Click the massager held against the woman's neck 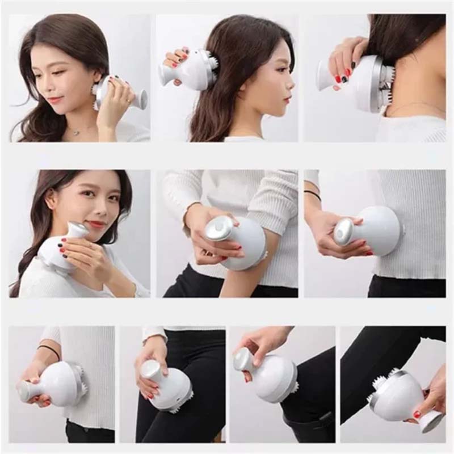pyautogui.click(x=119, y=94)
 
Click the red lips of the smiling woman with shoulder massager pyautogui.click(x=96, y=224)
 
